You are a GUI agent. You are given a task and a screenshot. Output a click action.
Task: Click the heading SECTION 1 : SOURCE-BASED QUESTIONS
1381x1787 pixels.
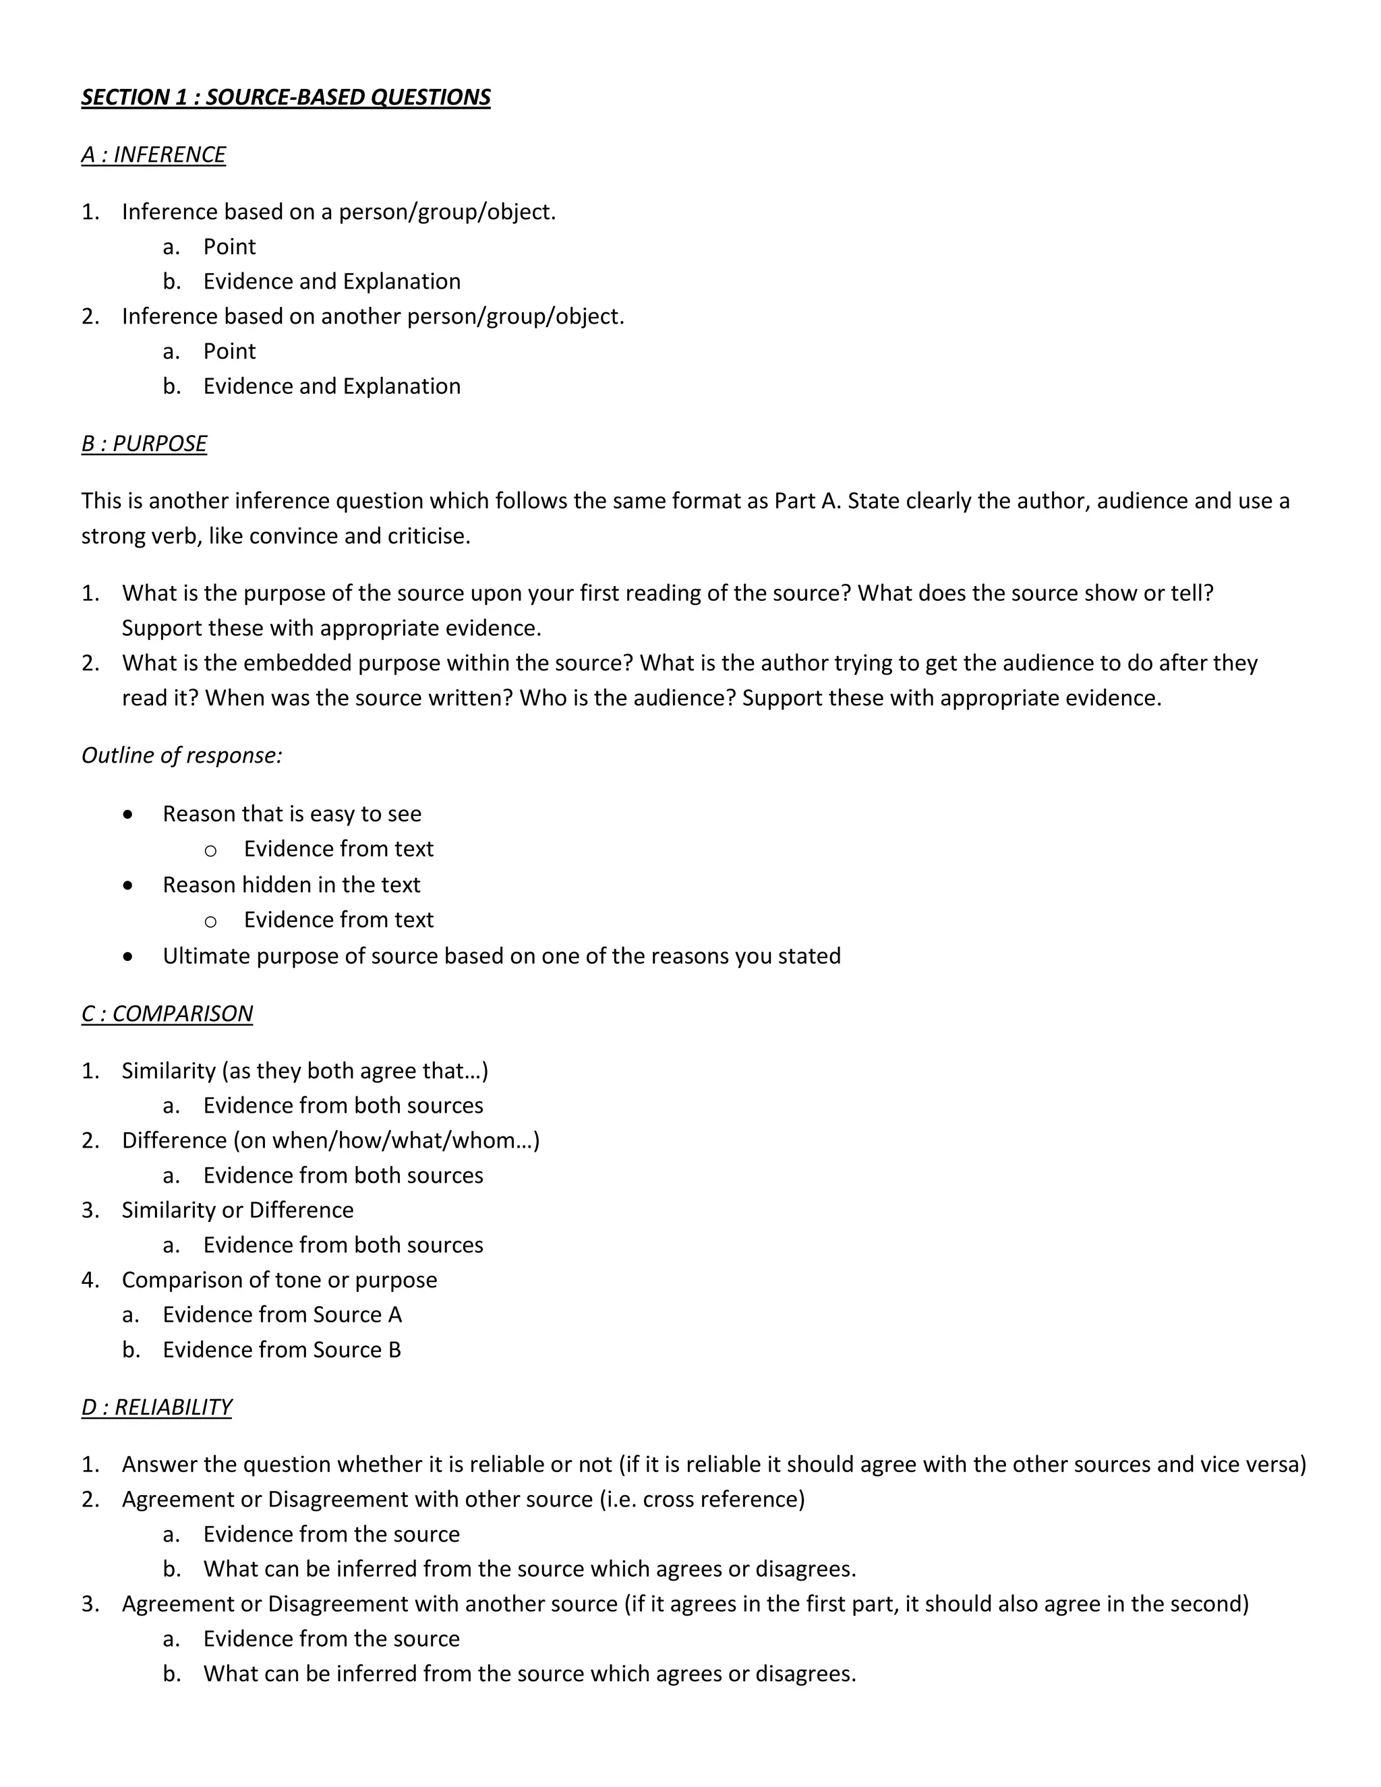(285, 97)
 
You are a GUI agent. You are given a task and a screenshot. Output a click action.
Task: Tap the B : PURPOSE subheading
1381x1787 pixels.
(144, 444)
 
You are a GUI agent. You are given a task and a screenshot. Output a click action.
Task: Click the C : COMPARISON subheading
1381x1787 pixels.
(167, 1014)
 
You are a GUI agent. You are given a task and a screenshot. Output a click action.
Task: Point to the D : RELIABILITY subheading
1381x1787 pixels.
(156, 1407)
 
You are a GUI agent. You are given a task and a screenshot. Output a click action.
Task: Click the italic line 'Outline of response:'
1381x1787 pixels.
(181, 755)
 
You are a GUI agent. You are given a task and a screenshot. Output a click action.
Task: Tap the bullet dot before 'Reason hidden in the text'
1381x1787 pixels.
(127, 885)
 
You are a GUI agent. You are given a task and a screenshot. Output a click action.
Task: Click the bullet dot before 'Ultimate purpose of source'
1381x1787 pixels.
(127, 956)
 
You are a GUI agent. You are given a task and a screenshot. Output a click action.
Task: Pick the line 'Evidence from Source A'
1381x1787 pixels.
(283, 1315)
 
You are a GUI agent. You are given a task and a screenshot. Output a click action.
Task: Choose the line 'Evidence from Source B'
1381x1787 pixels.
(283, 1350)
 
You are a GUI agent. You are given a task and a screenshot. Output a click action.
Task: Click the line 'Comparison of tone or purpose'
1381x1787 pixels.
(279, 1280)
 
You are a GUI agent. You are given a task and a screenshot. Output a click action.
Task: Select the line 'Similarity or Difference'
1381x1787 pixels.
(237, 1210)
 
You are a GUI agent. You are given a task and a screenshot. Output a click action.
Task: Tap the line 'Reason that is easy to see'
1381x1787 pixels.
(292, 814)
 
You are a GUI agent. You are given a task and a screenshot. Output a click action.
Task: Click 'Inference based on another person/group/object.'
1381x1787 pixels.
(372, 317)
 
